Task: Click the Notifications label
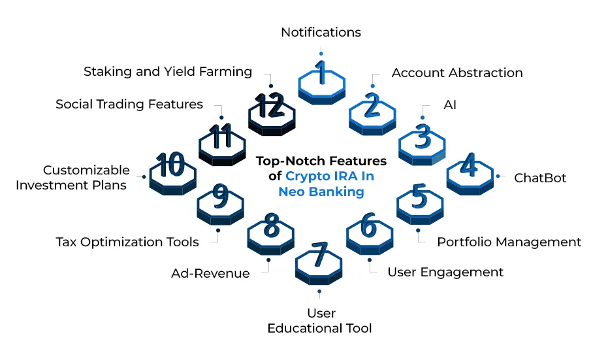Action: (x=321, y=32)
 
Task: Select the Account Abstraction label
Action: (x=457, y=73)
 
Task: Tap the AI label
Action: (x=450, y=105)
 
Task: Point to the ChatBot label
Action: (x=540, y=178)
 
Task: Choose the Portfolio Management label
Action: (x=509, y=242)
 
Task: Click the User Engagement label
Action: (x=445, y=272)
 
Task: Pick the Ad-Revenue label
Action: (x=210, y=274)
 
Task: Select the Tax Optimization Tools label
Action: (x=127, y=242)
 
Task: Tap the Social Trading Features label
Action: (x=129, y=105)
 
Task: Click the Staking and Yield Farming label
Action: (x=168, y=72)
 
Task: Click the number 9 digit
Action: (x=221, y=196)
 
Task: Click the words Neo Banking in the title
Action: (x=321, y=191)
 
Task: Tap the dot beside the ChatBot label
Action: (x=498, y=176)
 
